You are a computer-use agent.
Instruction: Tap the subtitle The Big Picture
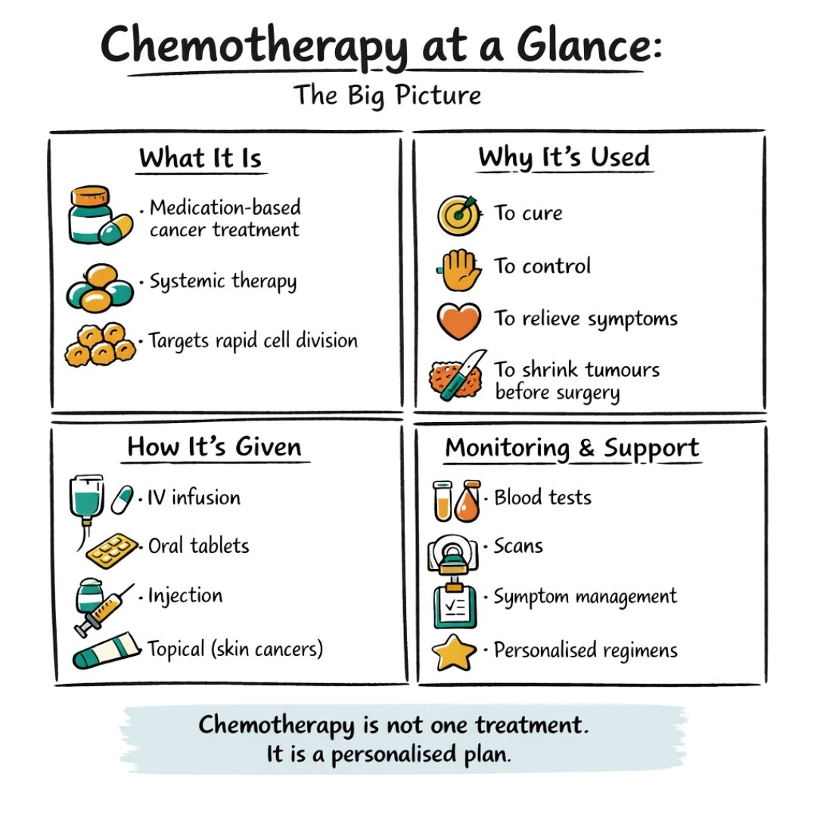point(387,95)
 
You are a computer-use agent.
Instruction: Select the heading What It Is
point(200,159)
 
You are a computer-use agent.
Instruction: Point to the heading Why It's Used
point(564,157)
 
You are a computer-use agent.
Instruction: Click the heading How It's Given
point(214,446)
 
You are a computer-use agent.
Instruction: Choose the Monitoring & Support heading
point(572,448)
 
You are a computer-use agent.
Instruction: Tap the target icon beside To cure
point(458,214)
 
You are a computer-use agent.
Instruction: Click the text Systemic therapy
point(222,282)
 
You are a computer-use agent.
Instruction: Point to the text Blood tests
point(542,498)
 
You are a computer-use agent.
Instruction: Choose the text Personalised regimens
point(586,650)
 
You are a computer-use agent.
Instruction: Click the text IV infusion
point(194,498)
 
